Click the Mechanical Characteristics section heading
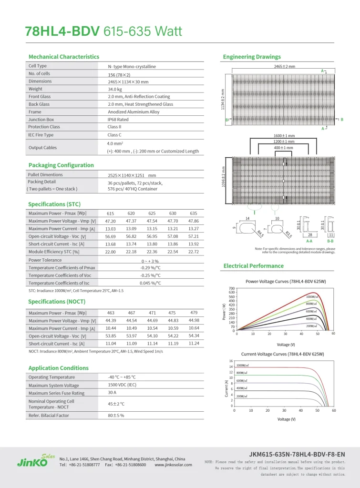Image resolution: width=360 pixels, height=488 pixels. coord(64,57)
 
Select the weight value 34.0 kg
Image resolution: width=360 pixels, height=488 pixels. coord(115,89)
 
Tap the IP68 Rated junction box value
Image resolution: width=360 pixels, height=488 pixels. coord(118,120)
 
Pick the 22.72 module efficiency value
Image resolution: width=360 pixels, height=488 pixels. coord(194,252)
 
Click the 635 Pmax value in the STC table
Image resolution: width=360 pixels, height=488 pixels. coord(194,213)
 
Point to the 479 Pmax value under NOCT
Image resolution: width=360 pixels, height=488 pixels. coord(194,313)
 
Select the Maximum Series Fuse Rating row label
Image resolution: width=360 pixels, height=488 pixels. coord(56,393)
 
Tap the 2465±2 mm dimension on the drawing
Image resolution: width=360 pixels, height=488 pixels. coord(285,67)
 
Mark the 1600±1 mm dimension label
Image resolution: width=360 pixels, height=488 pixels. coord(284,136)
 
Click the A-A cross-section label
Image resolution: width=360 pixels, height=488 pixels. coord(309,242)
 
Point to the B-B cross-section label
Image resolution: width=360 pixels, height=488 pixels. coord(330,242)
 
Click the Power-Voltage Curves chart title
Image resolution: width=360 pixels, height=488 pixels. coord(286,282)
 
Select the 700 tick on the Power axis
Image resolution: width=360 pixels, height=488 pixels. coord(232,289)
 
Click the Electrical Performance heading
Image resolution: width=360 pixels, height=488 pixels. coord(253,266)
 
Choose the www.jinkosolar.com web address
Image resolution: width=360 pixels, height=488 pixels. coord(173,465)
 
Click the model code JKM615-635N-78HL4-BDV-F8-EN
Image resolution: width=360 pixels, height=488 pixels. coord(297,454)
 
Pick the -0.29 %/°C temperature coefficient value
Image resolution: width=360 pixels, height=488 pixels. coord(150,268)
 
